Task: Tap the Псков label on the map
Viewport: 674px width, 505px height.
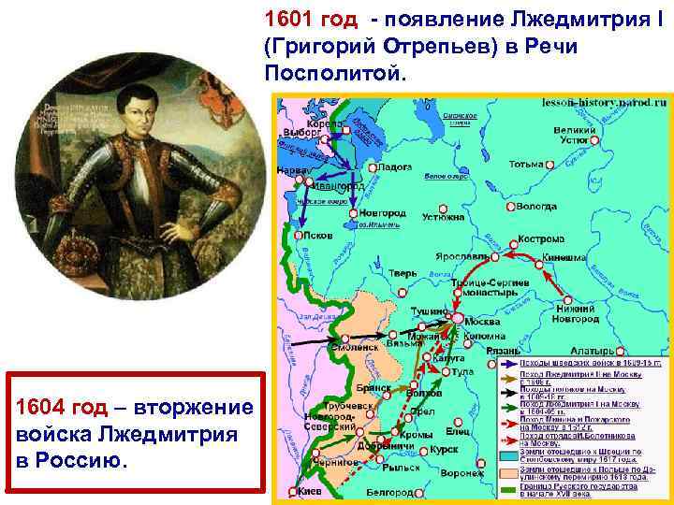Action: pyautogui.click(x=318, y=236)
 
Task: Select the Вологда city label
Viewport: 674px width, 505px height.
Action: pyautogui.click(x=537, y=204)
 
